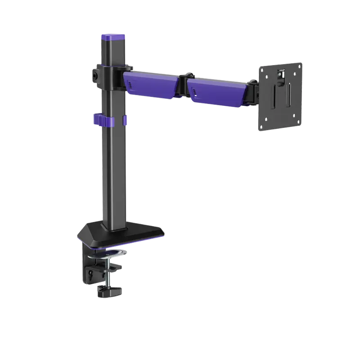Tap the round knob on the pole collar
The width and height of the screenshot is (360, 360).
pos(95,75)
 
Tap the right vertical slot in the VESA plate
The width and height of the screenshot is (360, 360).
pos(289,94)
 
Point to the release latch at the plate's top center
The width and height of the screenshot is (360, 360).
pos(281,74)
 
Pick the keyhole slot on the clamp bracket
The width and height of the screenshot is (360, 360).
pos(92,273)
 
